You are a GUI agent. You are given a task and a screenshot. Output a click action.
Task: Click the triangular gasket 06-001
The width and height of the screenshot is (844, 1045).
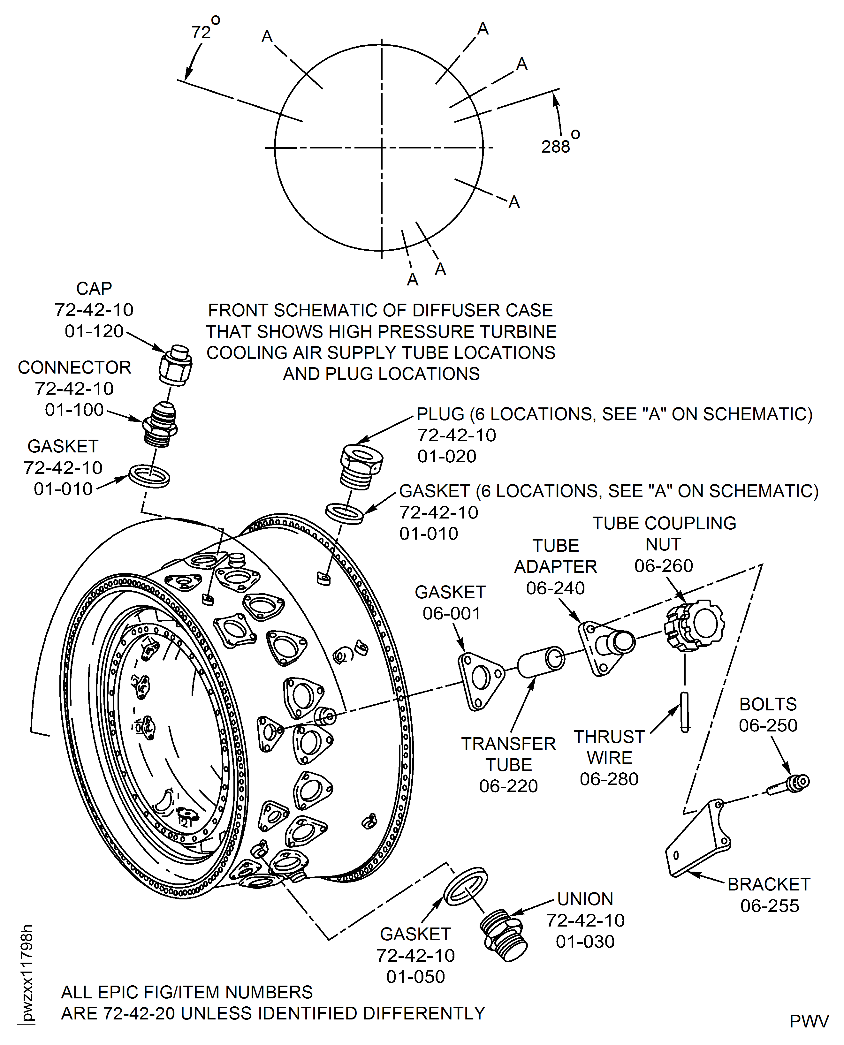(480, 680)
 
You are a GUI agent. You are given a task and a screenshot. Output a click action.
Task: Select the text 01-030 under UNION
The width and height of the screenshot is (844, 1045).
(585, 942)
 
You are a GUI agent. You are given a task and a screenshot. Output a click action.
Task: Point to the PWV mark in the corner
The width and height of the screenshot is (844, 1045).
(809, 1021)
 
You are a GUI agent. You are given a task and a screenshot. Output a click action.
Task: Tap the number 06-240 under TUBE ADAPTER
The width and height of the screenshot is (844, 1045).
(555, 588)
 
